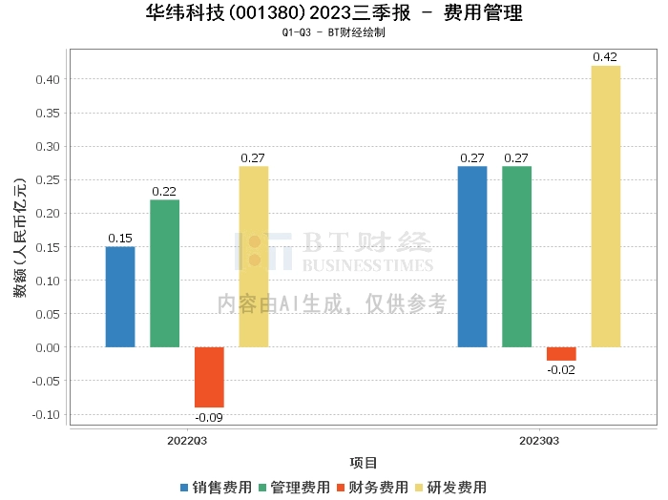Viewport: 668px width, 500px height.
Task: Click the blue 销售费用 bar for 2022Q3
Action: click(x=120, y=297)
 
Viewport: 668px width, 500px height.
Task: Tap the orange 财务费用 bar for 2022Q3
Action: click(x=209, y=377)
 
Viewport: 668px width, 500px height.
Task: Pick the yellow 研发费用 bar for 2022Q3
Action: click(x=253, y=257)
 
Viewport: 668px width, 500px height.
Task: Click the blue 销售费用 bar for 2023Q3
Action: click(x=472, y=257)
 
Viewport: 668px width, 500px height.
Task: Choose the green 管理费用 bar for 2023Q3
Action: click(x=516, y=257)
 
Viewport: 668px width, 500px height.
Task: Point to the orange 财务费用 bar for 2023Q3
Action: click(x=561, y=354)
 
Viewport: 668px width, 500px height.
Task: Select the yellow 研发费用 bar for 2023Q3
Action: click(x=605, y=206)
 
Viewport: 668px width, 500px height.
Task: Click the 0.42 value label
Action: click(x=605, y=57)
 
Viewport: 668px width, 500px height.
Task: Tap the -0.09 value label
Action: click(x=209, y=417)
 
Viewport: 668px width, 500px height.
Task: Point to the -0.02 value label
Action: click(x=561, y=369)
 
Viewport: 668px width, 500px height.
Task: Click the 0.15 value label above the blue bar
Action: click(x=120, y=239)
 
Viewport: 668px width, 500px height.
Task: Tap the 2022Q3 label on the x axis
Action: click(x=187, y=441)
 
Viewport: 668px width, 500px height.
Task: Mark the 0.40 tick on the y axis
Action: click(x=48, y=79)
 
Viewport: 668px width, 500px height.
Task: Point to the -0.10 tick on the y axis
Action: click(x=46, y=414)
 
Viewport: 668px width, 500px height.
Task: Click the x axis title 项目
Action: click(x=364, y=464)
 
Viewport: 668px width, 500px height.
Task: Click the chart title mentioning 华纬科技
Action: click(x=333, y=13)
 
